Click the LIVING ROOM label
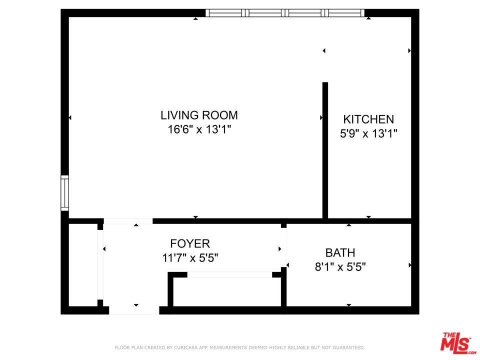[x=199, y=115]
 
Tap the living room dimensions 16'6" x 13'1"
[x=199, y=129]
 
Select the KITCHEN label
[x=368, y=119]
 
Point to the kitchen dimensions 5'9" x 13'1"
[x=368, y=133]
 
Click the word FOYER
[x=190, y=243]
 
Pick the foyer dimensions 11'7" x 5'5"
[x=190, y=258]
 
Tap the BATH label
[x=340, y=253]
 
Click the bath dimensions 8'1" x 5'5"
[x=340, y=267]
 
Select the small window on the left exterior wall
[x=64, y=193]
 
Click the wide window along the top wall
[x=285, y=13]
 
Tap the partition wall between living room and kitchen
[x=325, y=150]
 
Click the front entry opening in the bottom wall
[x=134, y=310]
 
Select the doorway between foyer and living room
[x=128, y=221]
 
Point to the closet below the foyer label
[x=227, y=291]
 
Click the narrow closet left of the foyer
[x=83, y=265]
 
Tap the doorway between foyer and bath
[x=284, y=247]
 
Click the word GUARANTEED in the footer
[x=348, y=347]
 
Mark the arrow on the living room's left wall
[x=70, y=117]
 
